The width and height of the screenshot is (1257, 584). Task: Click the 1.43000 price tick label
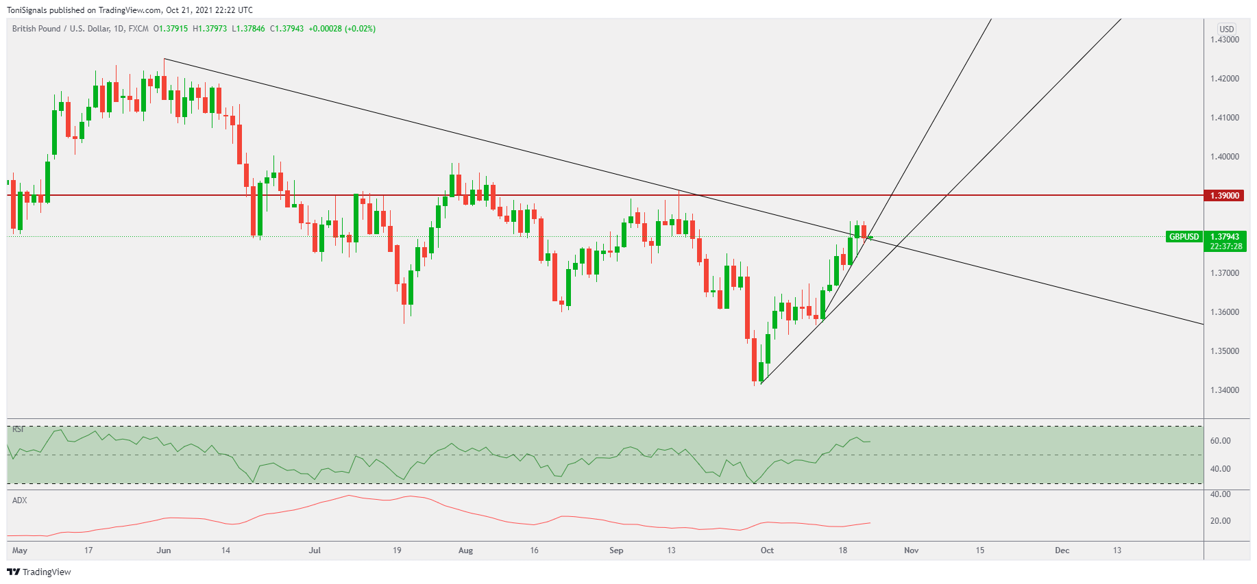1224,40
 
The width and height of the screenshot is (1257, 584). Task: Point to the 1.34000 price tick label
1224,390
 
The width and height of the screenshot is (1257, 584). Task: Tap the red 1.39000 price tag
1224,196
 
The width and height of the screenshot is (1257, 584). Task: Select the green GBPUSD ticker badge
1184,237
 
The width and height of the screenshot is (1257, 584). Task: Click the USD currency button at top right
1226,29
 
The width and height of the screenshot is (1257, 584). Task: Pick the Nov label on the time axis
911,550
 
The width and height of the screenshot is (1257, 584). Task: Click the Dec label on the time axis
1062,550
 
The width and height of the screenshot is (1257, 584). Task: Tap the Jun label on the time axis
164,550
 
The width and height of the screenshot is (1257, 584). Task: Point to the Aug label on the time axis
465,550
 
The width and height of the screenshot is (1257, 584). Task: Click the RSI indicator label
19,429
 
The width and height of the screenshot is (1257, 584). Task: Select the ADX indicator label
20,500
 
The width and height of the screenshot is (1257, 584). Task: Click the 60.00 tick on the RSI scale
1220,441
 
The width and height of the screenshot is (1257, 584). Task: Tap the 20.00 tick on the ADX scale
1220,521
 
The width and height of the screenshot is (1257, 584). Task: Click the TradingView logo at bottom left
39,572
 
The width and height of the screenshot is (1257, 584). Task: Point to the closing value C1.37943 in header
286,29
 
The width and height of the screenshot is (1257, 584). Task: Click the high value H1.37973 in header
210,29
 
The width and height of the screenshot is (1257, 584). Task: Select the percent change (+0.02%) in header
360,29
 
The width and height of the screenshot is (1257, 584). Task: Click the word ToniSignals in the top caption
27,10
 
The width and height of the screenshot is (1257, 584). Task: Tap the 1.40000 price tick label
1224,157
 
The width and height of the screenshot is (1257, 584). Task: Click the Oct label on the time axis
767,550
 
